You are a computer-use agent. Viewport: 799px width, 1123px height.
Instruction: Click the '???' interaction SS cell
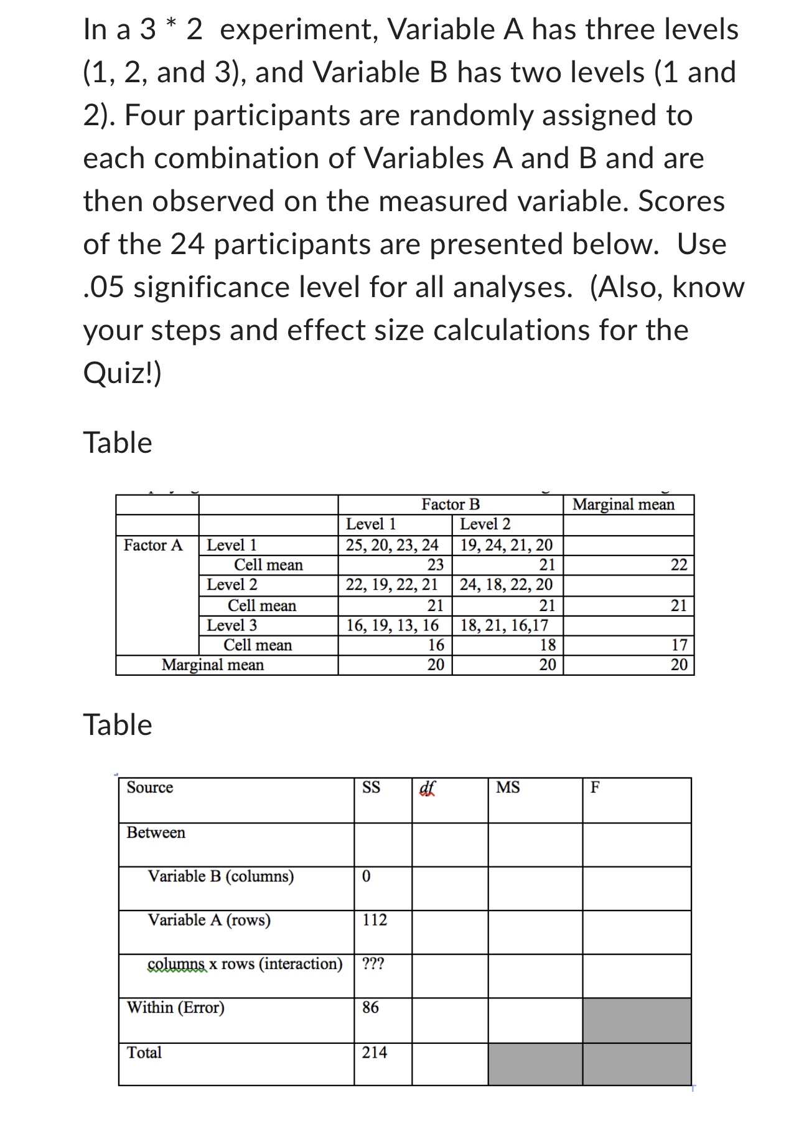[x=373, y=964]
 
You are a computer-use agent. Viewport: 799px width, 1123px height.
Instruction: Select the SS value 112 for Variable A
[x=375, y=920]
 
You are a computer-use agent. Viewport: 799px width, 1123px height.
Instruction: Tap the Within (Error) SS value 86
[x=370, y=1007]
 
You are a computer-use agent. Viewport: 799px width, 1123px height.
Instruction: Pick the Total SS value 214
[x=375, y=1053]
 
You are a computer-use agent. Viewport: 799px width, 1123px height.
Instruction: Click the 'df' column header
[x=428, y=788]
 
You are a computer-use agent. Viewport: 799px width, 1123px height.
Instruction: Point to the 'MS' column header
[x=508, y=788]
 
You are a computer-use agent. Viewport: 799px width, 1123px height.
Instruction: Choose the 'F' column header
[x=595, y=788]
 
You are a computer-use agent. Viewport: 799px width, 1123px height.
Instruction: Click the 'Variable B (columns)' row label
[x=221, y=876]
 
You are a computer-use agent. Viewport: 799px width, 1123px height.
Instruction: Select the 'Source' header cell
[x=150, y=788]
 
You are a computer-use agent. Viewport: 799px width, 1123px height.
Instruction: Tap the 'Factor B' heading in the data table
[x=451, y=505]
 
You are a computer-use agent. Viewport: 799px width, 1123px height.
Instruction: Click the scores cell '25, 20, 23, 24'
[x=392, y=546]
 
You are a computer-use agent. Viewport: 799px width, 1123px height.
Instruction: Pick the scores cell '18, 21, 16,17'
[x=504, y=625]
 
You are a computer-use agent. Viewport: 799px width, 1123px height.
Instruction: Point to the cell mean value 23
[x=436, y=566]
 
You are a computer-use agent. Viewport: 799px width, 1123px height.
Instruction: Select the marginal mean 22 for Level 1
[x=679, y=566]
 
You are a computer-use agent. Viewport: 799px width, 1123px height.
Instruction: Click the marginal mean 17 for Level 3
[x=679, y=645]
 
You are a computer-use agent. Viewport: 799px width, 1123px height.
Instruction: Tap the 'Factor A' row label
[x=153, y=546]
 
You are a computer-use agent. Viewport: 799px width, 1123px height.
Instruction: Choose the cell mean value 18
[x=548, y=645]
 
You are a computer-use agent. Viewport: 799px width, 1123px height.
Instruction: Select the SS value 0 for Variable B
[x=366, y=876]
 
